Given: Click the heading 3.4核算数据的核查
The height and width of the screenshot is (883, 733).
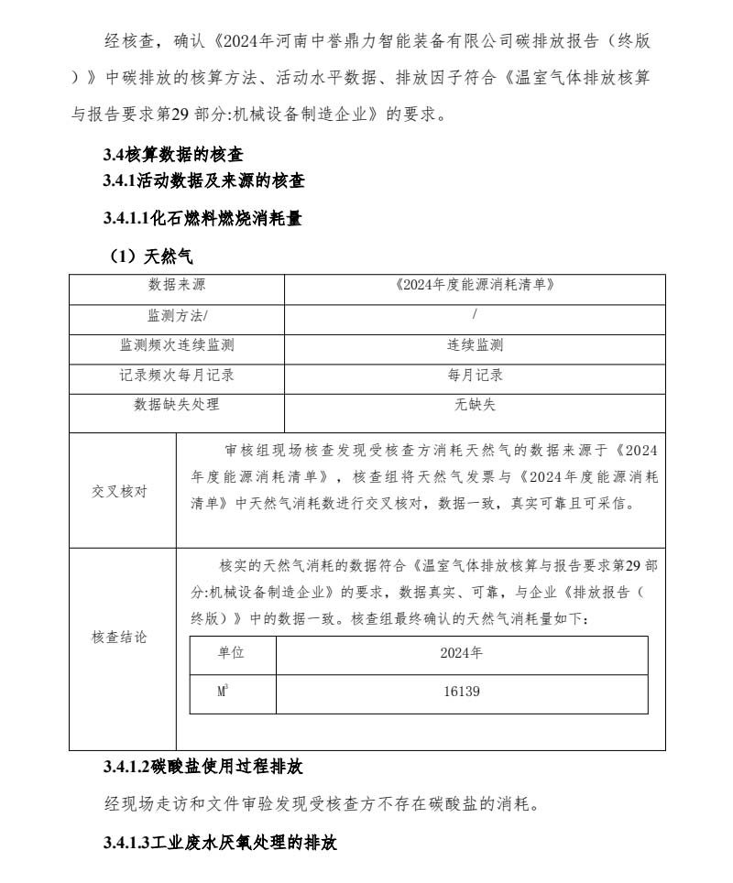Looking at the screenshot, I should click(x=173, y=156).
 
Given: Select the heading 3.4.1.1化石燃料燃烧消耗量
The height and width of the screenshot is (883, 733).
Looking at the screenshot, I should click(x=202, y=219).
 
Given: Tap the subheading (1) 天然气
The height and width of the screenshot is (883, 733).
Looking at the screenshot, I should click(x=151, y=256).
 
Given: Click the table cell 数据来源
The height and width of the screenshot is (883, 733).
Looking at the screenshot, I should click(x=177, y=286).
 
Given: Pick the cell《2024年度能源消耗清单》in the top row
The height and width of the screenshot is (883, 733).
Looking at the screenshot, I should click(x=475, y=286).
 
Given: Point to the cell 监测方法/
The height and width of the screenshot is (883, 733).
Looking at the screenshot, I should click(x=177, y=316).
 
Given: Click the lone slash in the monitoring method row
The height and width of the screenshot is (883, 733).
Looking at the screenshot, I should click(x=475, y=316).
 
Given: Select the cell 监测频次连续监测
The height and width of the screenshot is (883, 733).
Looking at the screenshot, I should click(x=177, y=345).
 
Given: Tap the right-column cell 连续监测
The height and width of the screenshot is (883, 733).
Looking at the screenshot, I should click(x=475, y=345).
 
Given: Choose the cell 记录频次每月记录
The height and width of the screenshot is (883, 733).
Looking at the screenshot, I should click(x=177, y=375).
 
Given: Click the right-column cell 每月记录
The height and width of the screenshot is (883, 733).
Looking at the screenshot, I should click(x=475, y=375).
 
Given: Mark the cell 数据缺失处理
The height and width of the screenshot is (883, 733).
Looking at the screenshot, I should click(x=177, y=404).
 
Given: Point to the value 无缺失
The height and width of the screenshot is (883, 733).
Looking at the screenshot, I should click(x=475, y=404).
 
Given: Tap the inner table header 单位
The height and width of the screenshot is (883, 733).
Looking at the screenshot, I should click(x=232, y=654).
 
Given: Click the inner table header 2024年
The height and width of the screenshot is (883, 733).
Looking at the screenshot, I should click(x=461, y=654).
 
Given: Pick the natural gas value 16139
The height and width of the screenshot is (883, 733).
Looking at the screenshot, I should click(x=461, y=692).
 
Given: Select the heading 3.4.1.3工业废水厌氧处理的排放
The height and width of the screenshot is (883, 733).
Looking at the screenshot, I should click(x=220, y=842).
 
